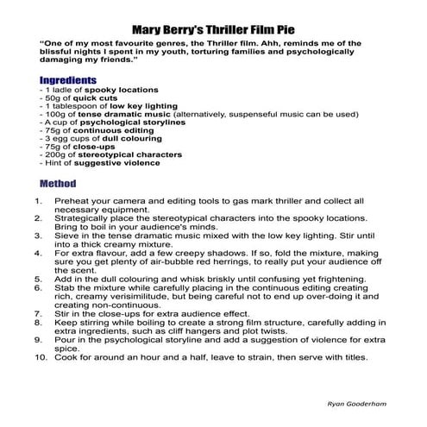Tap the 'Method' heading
pyautogui.click(x=58, y=183)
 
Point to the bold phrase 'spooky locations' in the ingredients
pyautogui.click(x=113, y=90)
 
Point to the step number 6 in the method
pyautogui.click(x=39, y=288)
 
